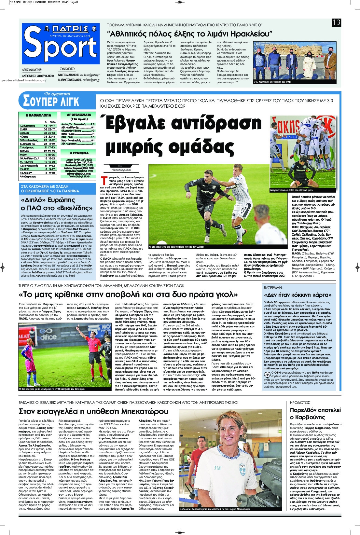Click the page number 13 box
(x=336, y=22)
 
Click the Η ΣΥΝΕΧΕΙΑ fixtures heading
(x=79, y=153)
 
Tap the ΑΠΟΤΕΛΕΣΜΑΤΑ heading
(x=79, y=115)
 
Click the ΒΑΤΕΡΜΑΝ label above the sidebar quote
(x=273, y=288)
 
